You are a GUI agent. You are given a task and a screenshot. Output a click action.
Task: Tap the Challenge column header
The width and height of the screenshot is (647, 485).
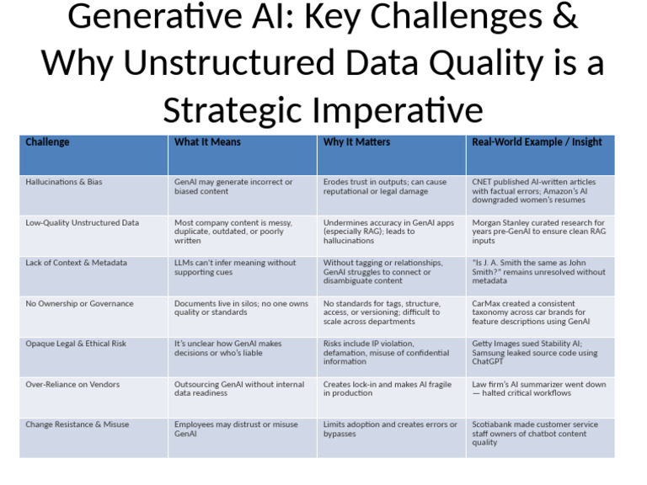coord(47,142)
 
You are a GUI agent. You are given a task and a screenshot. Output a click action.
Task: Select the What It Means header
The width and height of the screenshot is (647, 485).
coord(207,142)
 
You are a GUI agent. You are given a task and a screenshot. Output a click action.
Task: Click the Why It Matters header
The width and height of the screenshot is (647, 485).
coord(356,142)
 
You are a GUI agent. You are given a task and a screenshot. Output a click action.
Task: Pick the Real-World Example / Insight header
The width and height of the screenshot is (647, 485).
coord(537,142)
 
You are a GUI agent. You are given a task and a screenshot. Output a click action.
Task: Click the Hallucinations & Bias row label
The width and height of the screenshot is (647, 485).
coord(64,182)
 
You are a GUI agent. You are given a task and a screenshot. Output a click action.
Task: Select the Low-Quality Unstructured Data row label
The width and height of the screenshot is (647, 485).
coord(82,223)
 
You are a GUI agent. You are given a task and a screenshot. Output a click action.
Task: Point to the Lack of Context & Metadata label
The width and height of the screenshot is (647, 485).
coord(77,263)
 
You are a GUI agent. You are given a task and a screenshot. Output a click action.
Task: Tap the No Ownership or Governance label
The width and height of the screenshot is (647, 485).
coord(79,304)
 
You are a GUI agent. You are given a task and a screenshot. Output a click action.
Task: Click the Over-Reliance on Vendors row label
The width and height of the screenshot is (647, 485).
coord(72,385)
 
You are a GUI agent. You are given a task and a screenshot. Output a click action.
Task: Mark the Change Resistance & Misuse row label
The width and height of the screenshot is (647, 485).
coord(78,425)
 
